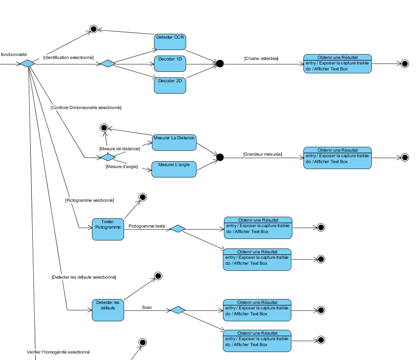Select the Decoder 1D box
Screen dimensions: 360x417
(170, 63)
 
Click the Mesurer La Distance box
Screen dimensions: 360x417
(174, 142)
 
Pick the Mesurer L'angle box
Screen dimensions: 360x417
(174, 169)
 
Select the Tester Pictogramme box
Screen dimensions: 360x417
(108, 229)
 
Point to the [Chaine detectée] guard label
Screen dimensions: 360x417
(261, 59)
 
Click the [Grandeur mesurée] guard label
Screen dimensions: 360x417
(263, 154)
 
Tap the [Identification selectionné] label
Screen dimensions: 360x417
(68, 58)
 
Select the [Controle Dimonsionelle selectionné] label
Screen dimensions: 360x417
(86, 108)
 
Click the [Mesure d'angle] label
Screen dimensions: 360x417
(122, 167)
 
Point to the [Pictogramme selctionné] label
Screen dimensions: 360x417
(89, 200)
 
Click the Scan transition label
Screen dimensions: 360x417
(147, 307)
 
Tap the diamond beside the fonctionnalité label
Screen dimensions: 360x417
(27, 63)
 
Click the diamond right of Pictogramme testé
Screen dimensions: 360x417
(177, 229)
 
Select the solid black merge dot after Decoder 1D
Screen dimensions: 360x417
(220, 63)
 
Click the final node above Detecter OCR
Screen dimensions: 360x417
(93, 29)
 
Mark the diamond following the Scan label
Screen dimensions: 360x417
(177, 310)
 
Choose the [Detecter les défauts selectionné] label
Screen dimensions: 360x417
(83, 277)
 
